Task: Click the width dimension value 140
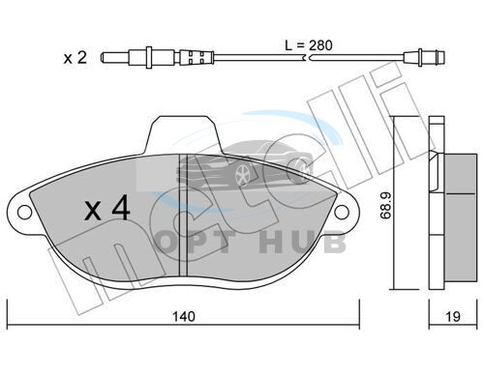(184, 316)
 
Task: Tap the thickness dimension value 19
(453, 316)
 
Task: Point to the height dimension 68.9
(385, 206)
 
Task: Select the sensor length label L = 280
(309, 45)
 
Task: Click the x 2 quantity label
(76, 58)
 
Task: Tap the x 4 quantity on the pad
(107, 209)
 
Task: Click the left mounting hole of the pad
(24, 213)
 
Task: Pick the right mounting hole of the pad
(342, 213)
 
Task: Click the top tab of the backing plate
(183, 134)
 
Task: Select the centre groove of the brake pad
(183, 216)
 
